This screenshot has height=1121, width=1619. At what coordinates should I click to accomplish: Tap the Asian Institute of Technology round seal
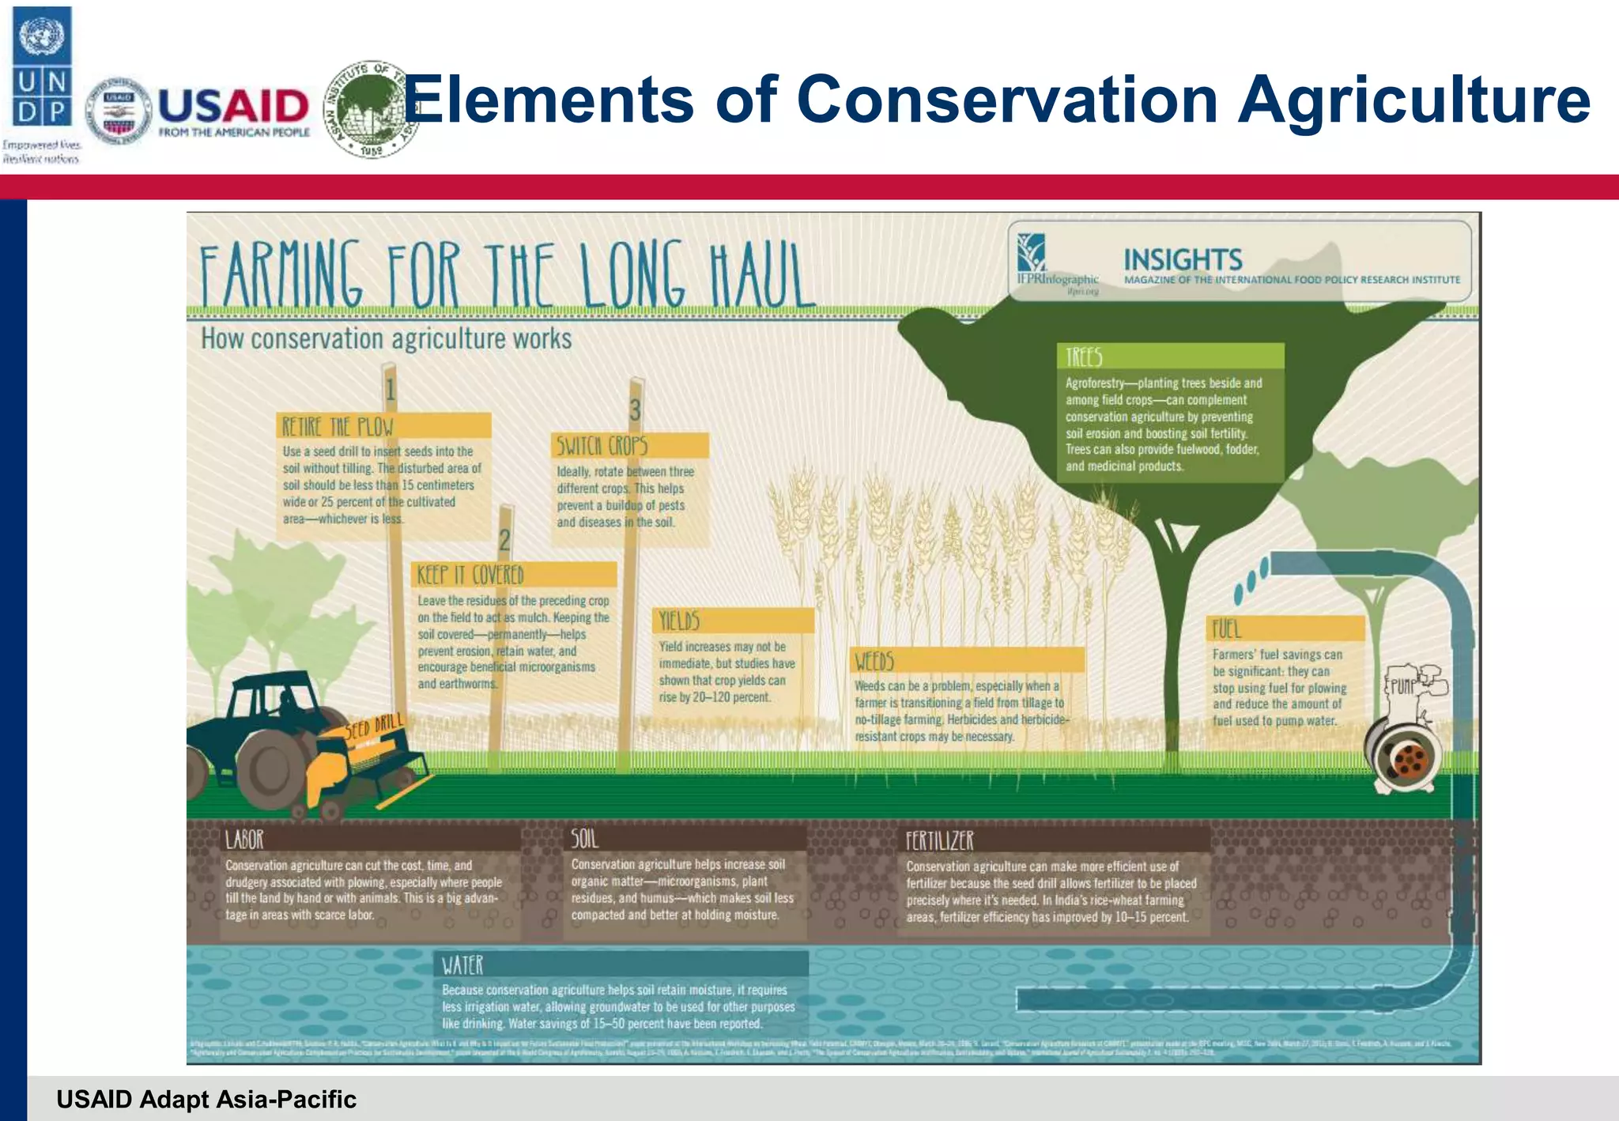coord(370,108)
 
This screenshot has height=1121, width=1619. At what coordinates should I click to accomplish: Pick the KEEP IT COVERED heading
coord(470,575)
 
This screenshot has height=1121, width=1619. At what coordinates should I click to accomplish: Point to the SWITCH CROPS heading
coord(602,446)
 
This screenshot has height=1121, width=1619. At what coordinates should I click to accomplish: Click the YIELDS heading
coord(680,621)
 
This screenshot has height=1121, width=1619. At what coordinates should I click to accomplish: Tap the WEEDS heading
coord(874,661)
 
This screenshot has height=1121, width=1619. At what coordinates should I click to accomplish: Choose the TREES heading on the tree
coord(1084,357)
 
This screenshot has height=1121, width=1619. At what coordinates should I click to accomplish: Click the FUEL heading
coord(1227,629)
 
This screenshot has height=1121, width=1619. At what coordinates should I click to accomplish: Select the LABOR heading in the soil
coord(244,839)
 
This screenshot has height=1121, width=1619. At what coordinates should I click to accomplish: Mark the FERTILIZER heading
coord(940,840)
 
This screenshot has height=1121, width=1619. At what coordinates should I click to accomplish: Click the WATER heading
coord(462,965)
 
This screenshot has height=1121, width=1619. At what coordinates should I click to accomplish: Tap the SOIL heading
coord(585,838)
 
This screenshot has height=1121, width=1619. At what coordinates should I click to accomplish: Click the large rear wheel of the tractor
coord(273,768)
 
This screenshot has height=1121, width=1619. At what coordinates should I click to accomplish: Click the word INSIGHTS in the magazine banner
coord(1183,259)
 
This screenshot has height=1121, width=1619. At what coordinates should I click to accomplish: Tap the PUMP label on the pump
coord(1403,685)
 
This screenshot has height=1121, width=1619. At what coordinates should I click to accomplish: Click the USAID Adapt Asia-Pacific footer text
coord(206,1099)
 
